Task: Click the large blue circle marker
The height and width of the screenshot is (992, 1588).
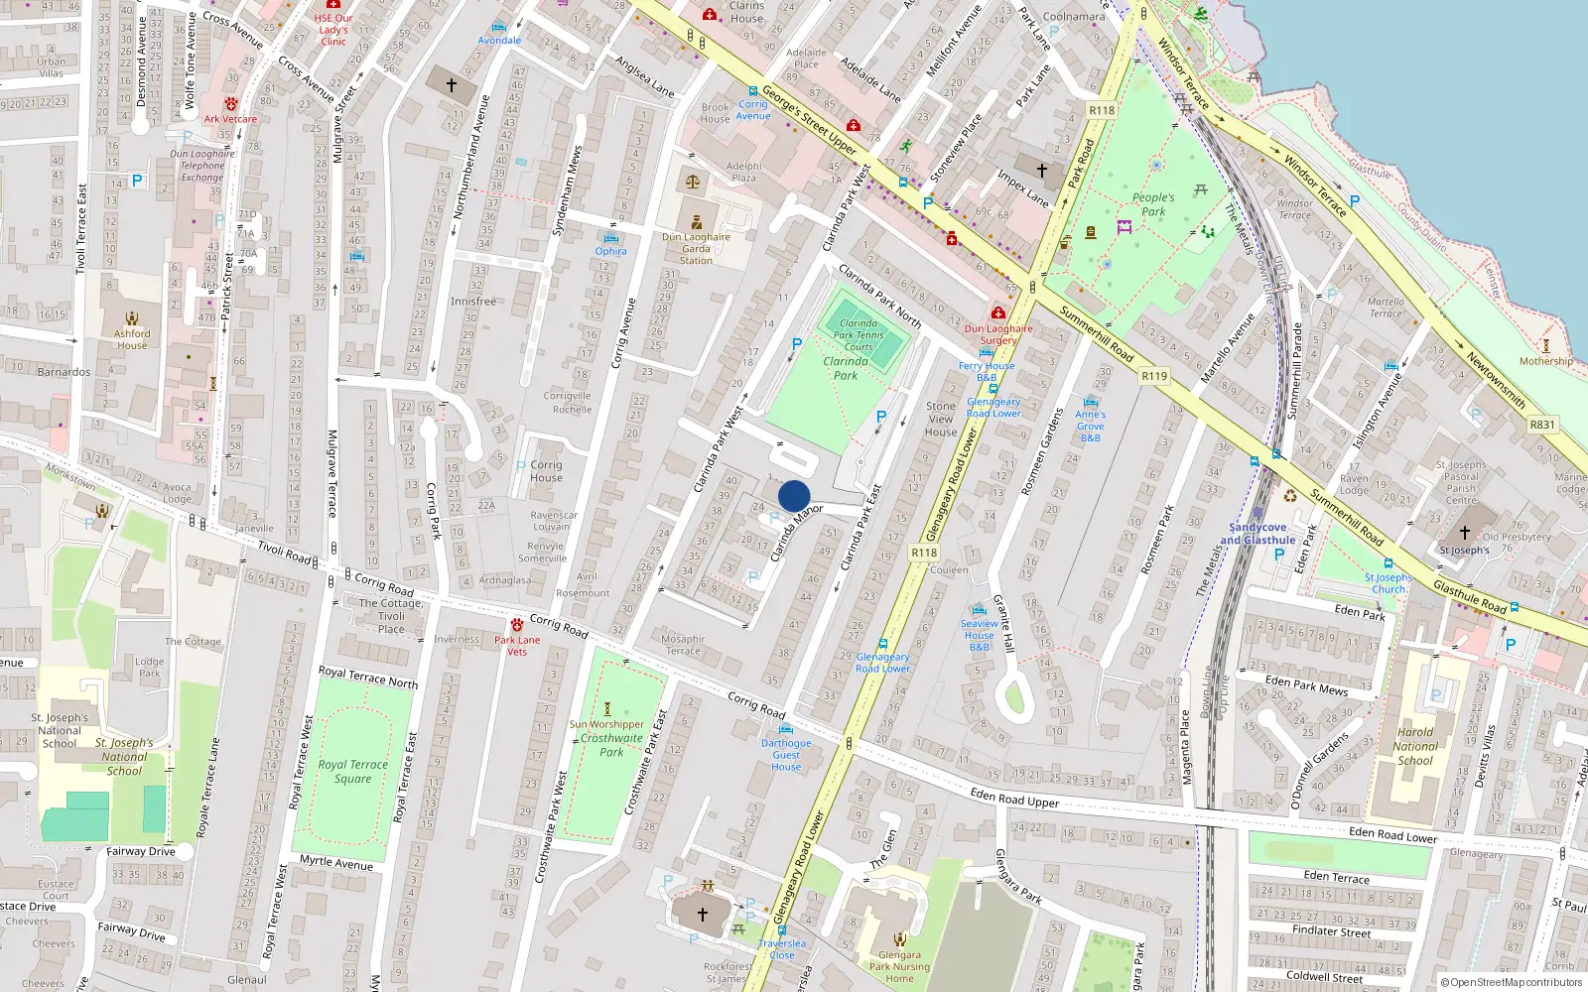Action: (x=794, y=496)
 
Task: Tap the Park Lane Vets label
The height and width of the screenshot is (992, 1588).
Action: (x=517, y=645)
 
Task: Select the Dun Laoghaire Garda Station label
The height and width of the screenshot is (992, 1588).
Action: (x=696, y=248)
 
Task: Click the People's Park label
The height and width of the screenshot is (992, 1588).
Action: (x=1153, y=204)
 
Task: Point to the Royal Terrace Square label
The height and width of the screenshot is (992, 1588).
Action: (x=352, y=771)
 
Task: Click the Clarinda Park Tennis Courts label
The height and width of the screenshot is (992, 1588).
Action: (x=859, y=335)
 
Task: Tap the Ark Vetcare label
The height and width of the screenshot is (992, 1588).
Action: (x=230, y=119)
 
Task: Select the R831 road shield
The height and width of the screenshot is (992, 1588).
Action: (x=1542, y=425)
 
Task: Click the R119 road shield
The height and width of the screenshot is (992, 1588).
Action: (x=1154, y=376)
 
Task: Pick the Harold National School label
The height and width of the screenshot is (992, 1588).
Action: (x=1415, y=746)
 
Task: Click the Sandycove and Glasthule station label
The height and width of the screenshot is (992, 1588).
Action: (x=1257, y=534)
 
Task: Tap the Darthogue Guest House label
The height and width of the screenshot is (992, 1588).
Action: (x=786, y=754)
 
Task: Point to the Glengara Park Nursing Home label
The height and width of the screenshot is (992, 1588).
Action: (x=899, y=966)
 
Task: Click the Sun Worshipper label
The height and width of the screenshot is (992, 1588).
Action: (x=606, y=724)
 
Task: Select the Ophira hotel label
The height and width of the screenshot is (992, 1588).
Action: (x=610, y=251)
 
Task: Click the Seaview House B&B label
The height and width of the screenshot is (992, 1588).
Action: (x=979, y=635)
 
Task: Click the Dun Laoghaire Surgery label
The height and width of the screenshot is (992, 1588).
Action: (x=998, y=334)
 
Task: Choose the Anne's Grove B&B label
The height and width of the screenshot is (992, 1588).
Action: (x=1090, y=426)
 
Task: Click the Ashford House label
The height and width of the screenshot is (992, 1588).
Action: (x=132, y=339)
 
